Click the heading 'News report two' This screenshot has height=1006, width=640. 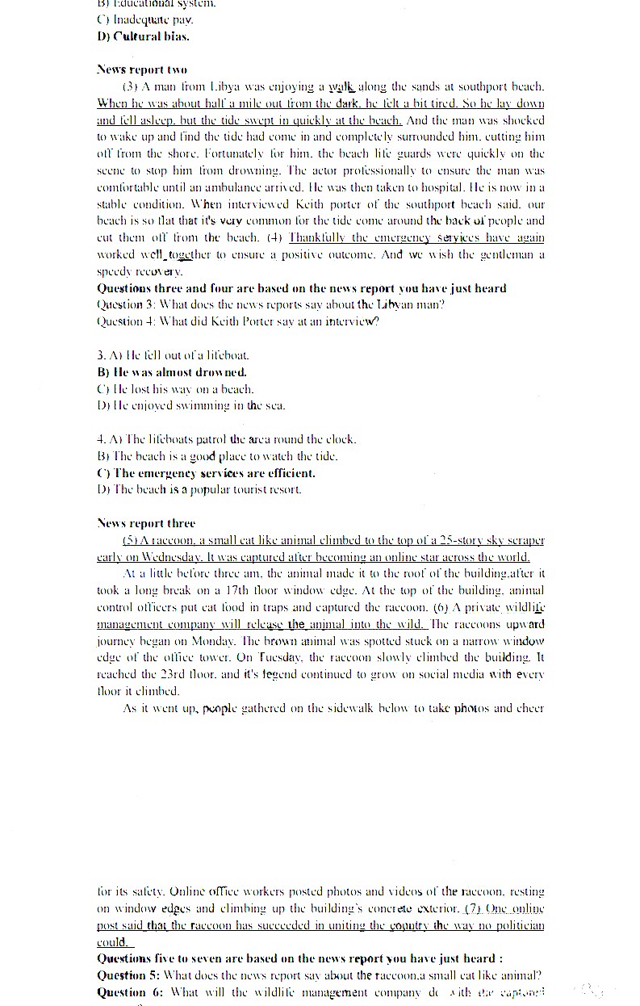141,69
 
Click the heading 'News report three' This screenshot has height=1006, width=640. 145,523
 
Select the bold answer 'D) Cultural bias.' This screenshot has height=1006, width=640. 143,36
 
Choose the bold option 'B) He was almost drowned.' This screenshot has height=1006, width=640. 171,372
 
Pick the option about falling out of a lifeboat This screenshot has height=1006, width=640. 173,355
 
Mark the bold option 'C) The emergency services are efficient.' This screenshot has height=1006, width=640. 206,473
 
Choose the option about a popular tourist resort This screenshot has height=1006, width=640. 199,490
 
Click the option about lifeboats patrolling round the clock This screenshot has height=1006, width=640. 226,440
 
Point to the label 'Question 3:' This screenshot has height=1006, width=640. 125,305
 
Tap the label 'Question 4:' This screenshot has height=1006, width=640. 125,322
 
